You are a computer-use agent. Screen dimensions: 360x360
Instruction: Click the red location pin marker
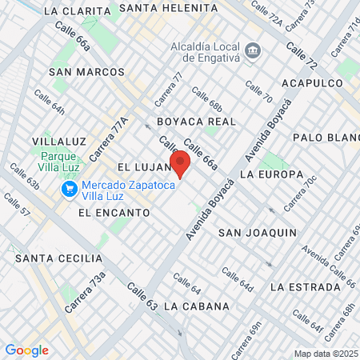tap(180, 163)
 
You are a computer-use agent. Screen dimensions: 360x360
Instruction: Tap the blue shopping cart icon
tap(70, 190)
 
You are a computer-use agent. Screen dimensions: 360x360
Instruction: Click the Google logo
tap(26, 350)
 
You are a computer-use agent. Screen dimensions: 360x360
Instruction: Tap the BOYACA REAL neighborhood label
tap(196, 122)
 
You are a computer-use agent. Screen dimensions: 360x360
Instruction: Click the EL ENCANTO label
tap(114, 213)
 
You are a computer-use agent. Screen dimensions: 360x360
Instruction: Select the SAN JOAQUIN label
tap(258, 233)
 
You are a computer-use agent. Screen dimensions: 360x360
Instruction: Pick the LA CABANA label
tap(196, 306)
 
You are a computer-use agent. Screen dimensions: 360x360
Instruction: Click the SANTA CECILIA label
tap(58, 258)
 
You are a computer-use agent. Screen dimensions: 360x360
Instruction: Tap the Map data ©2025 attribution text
tap(326, 354)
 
